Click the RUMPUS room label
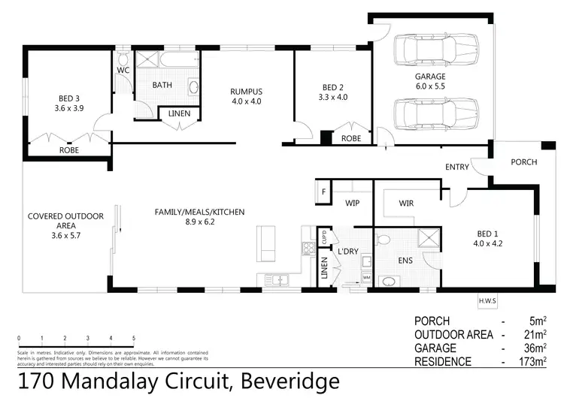click(x=245, y=92)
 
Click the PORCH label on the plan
click(x=523, y=161)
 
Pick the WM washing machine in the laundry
click(x=367, y=278)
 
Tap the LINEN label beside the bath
click(x=179, y=113)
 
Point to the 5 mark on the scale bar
click(x=134, y=339)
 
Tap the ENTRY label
click(x=456, y=167)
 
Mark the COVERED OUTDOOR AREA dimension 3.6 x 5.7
click(x=65, y=235)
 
